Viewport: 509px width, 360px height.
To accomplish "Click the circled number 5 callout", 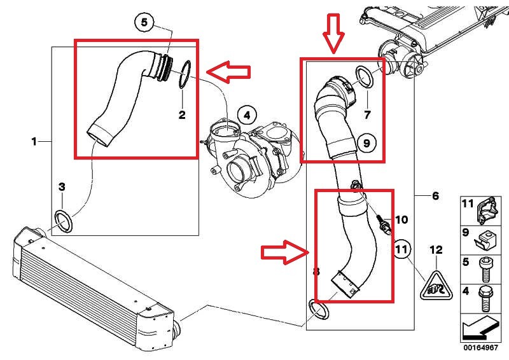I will pos(144,22).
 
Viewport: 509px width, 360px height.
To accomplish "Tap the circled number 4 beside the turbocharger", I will pos(247,115).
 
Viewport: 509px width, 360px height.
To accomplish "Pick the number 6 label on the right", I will pos(435,196).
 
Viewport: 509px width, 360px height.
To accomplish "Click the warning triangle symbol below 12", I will pos(435,286).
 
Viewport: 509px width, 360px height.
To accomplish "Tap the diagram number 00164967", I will pos(482,348).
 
